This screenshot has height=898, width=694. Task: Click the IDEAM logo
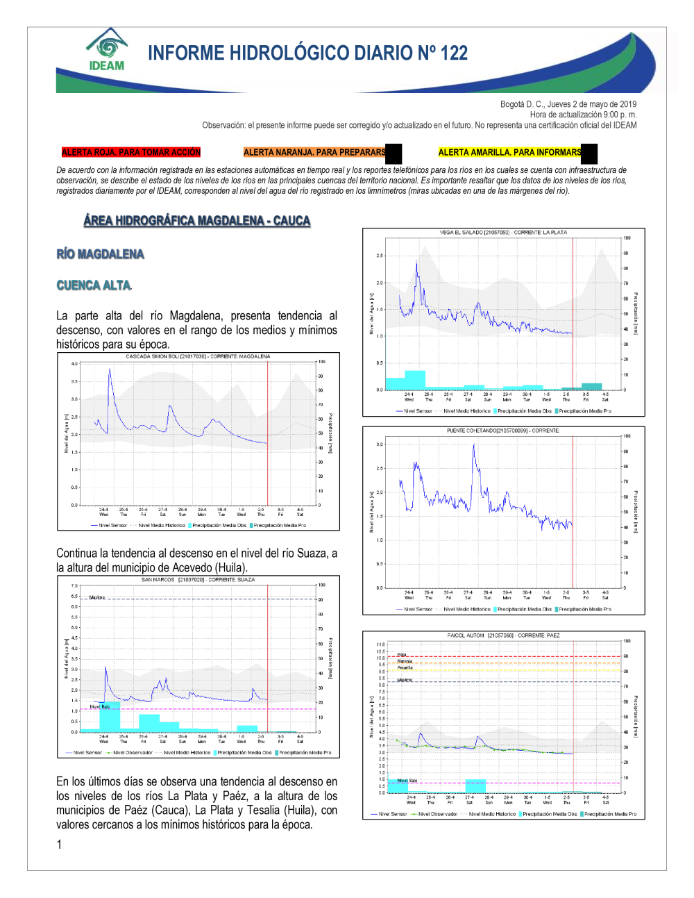click(x=107, y=50)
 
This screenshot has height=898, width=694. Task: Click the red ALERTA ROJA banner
click(x=131, y=152)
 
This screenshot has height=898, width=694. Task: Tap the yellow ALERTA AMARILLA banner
click(x=510, y=152)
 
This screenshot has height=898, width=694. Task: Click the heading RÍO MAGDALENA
click(x=101, y=254)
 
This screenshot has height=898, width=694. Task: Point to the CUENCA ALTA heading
click(x=94, y=285)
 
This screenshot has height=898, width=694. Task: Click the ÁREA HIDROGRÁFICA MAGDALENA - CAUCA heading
click(x=196, y=221)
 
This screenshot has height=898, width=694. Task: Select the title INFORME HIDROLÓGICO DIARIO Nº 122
click(x=307, y=53)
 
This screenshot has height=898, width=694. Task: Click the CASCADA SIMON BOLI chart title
click(x=198, y=356)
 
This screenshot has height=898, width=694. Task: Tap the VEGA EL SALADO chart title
click(x=503, y=233)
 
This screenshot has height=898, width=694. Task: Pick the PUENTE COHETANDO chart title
click(x=503, y=431)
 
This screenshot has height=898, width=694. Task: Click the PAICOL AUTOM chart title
click(x=503, y=635)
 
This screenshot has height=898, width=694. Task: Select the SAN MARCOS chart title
click(x=198, y=579)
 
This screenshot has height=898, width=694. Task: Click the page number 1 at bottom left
click(x=59, y=845)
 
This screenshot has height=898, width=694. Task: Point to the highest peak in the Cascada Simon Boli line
click(x=110, y=370)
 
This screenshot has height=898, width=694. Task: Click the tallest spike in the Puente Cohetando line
click(x=474, y=447)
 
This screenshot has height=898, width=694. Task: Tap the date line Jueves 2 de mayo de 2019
click(x=568, y=104)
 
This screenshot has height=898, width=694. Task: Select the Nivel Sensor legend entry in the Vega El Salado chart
click(x=418, y=411)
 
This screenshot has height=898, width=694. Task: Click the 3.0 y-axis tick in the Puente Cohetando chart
click(x=380, y=444)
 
